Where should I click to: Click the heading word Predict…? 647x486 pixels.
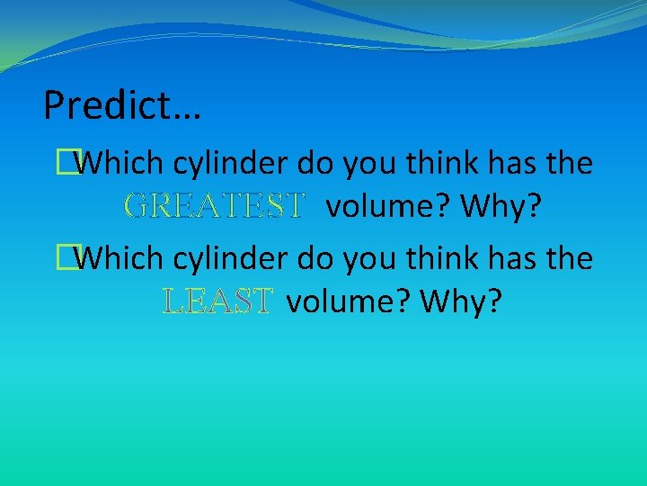click(122, 106)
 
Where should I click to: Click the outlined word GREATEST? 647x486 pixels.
click(214, 206)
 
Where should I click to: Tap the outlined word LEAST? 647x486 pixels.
click(217, 301)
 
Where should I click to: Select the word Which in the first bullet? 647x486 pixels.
click(120, 164)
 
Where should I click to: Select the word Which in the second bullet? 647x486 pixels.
click(120, 259)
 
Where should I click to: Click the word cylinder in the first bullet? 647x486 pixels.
click(229, 164)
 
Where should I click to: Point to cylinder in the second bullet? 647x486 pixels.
click(229, 259)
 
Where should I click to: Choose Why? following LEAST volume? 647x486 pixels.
click(460, 301)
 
